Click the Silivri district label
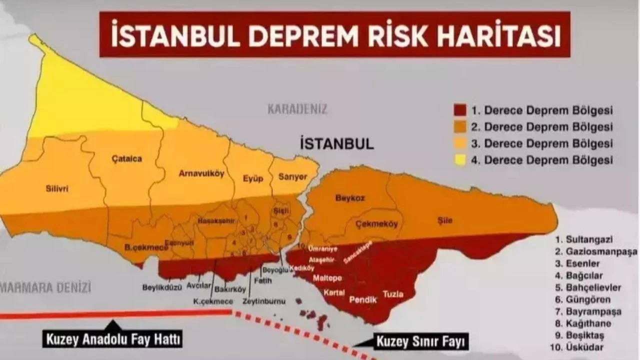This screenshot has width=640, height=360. [56, 188]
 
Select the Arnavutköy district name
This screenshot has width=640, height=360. [201, 173]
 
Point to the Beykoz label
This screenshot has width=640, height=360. [350, 198]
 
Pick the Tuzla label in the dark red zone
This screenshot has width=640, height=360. [393, 294]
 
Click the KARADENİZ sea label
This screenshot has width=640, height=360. [297, 109]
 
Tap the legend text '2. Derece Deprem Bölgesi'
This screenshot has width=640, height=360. [548, 127]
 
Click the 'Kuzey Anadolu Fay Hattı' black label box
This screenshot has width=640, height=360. [112, 340]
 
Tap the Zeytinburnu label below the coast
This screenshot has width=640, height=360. [263, 301]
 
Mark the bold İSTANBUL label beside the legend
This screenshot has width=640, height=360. [336, 144]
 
